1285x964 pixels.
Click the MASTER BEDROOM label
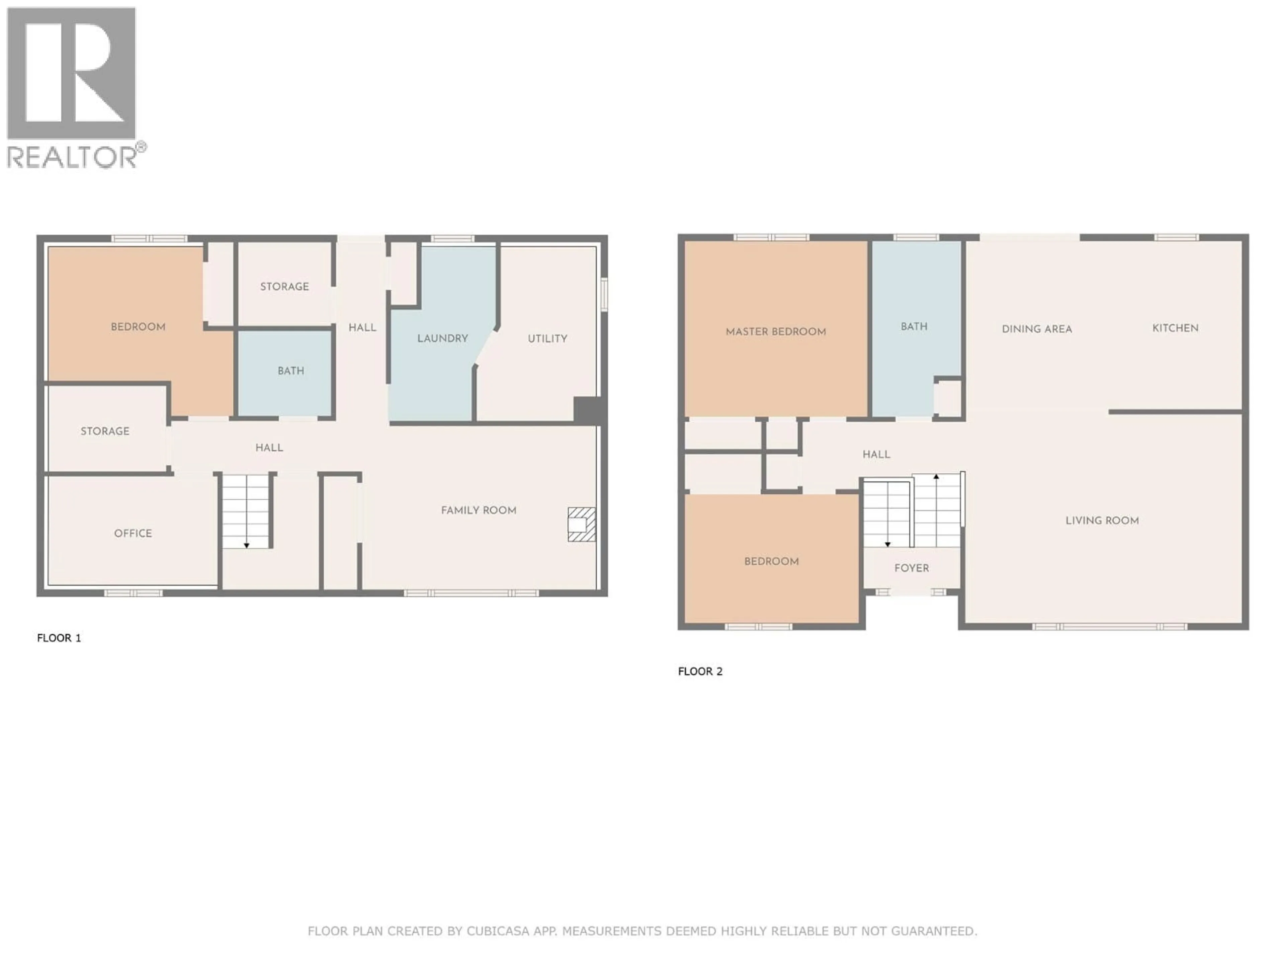[776, 332]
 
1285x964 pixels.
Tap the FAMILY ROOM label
[478, 510]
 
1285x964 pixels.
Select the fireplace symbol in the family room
[581, 525]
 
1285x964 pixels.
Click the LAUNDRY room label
[442, 338]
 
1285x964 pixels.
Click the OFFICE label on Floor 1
[133, 534]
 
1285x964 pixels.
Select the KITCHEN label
[1175, 328]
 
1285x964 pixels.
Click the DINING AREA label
[1036, 329]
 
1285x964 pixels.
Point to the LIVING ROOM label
[1101, 520]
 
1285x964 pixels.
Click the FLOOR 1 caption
[59, 638]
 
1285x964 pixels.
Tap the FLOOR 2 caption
[700, 672]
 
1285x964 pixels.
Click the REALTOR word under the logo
[72, 157]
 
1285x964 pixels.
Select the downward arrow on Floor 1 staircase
[246, 545]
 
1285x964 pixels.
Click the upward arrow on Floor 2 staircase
[936, 477]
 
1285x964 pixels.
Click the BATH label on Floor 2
[914, 327]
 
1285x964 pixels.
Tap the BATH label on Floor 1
[290, 371]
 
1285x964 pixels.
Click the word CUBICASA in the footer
[498, 932]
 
